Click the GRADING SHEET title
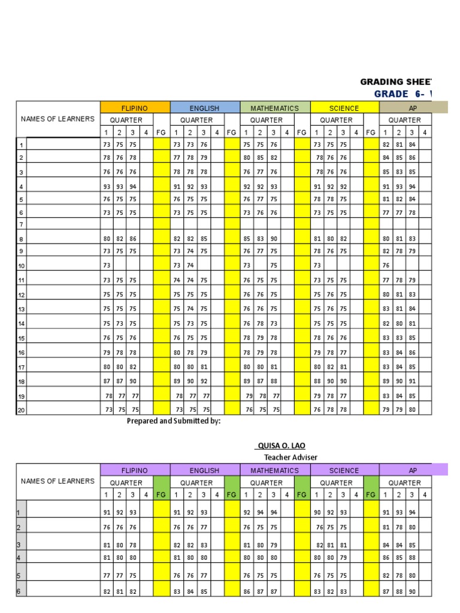395,81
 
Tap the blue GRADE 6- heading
402,94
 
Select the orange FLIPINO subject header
135,108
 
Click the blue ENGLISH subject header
204,108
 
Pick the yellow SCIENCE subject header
344,108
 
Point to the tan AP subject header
413,108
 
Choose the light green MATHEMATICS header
274,108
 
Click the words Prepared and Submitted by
174,421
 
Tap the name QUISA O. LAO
276,446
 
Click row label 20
22,410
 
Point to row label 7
21,224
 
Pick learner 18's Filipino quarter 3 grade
133,381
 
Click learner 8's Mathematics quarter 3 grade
273,239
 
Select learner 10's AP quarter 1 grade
386,266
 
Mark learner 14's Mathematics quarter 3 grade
273,323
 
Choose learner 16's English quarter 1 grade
177,353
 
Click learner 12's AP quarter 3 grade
413,295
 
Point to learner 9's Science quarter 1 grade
317,251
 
